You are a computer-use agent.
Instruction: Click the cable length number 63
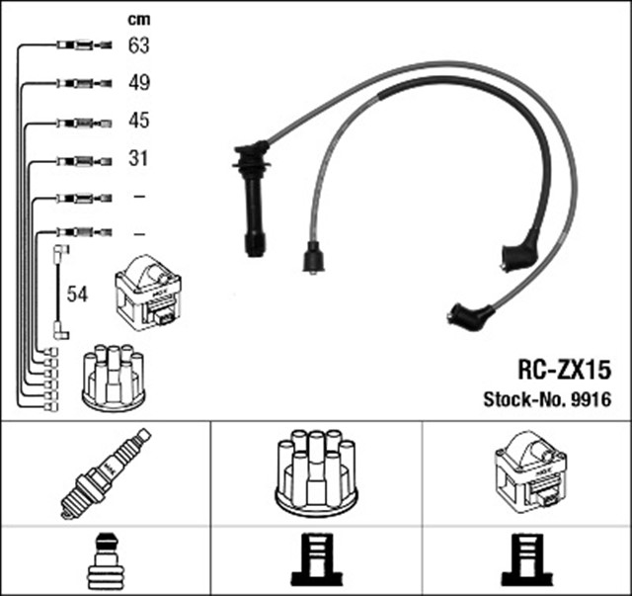[x=139, y=44]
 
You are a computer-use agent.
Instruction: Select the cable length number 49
[x=139, y=83]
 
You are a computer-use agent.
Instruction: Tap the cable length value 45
[x=139, y=121]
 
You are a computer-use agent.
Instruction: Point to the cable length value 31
[x=138, y=158]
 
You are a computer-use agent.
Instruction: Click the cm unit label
[x=138, y=19]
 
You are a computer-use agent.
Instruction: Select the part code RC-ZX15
[x=565, y=370]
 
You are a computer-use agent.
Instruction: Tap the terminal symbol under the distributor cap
[x=316, y=560]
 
